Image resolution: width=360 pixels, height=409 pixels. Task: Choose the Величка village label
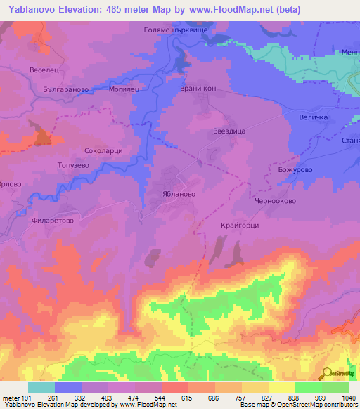tap(314, 117)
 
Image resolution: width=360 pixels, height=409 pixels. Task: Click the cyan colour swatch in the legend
tap(41, 387)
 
